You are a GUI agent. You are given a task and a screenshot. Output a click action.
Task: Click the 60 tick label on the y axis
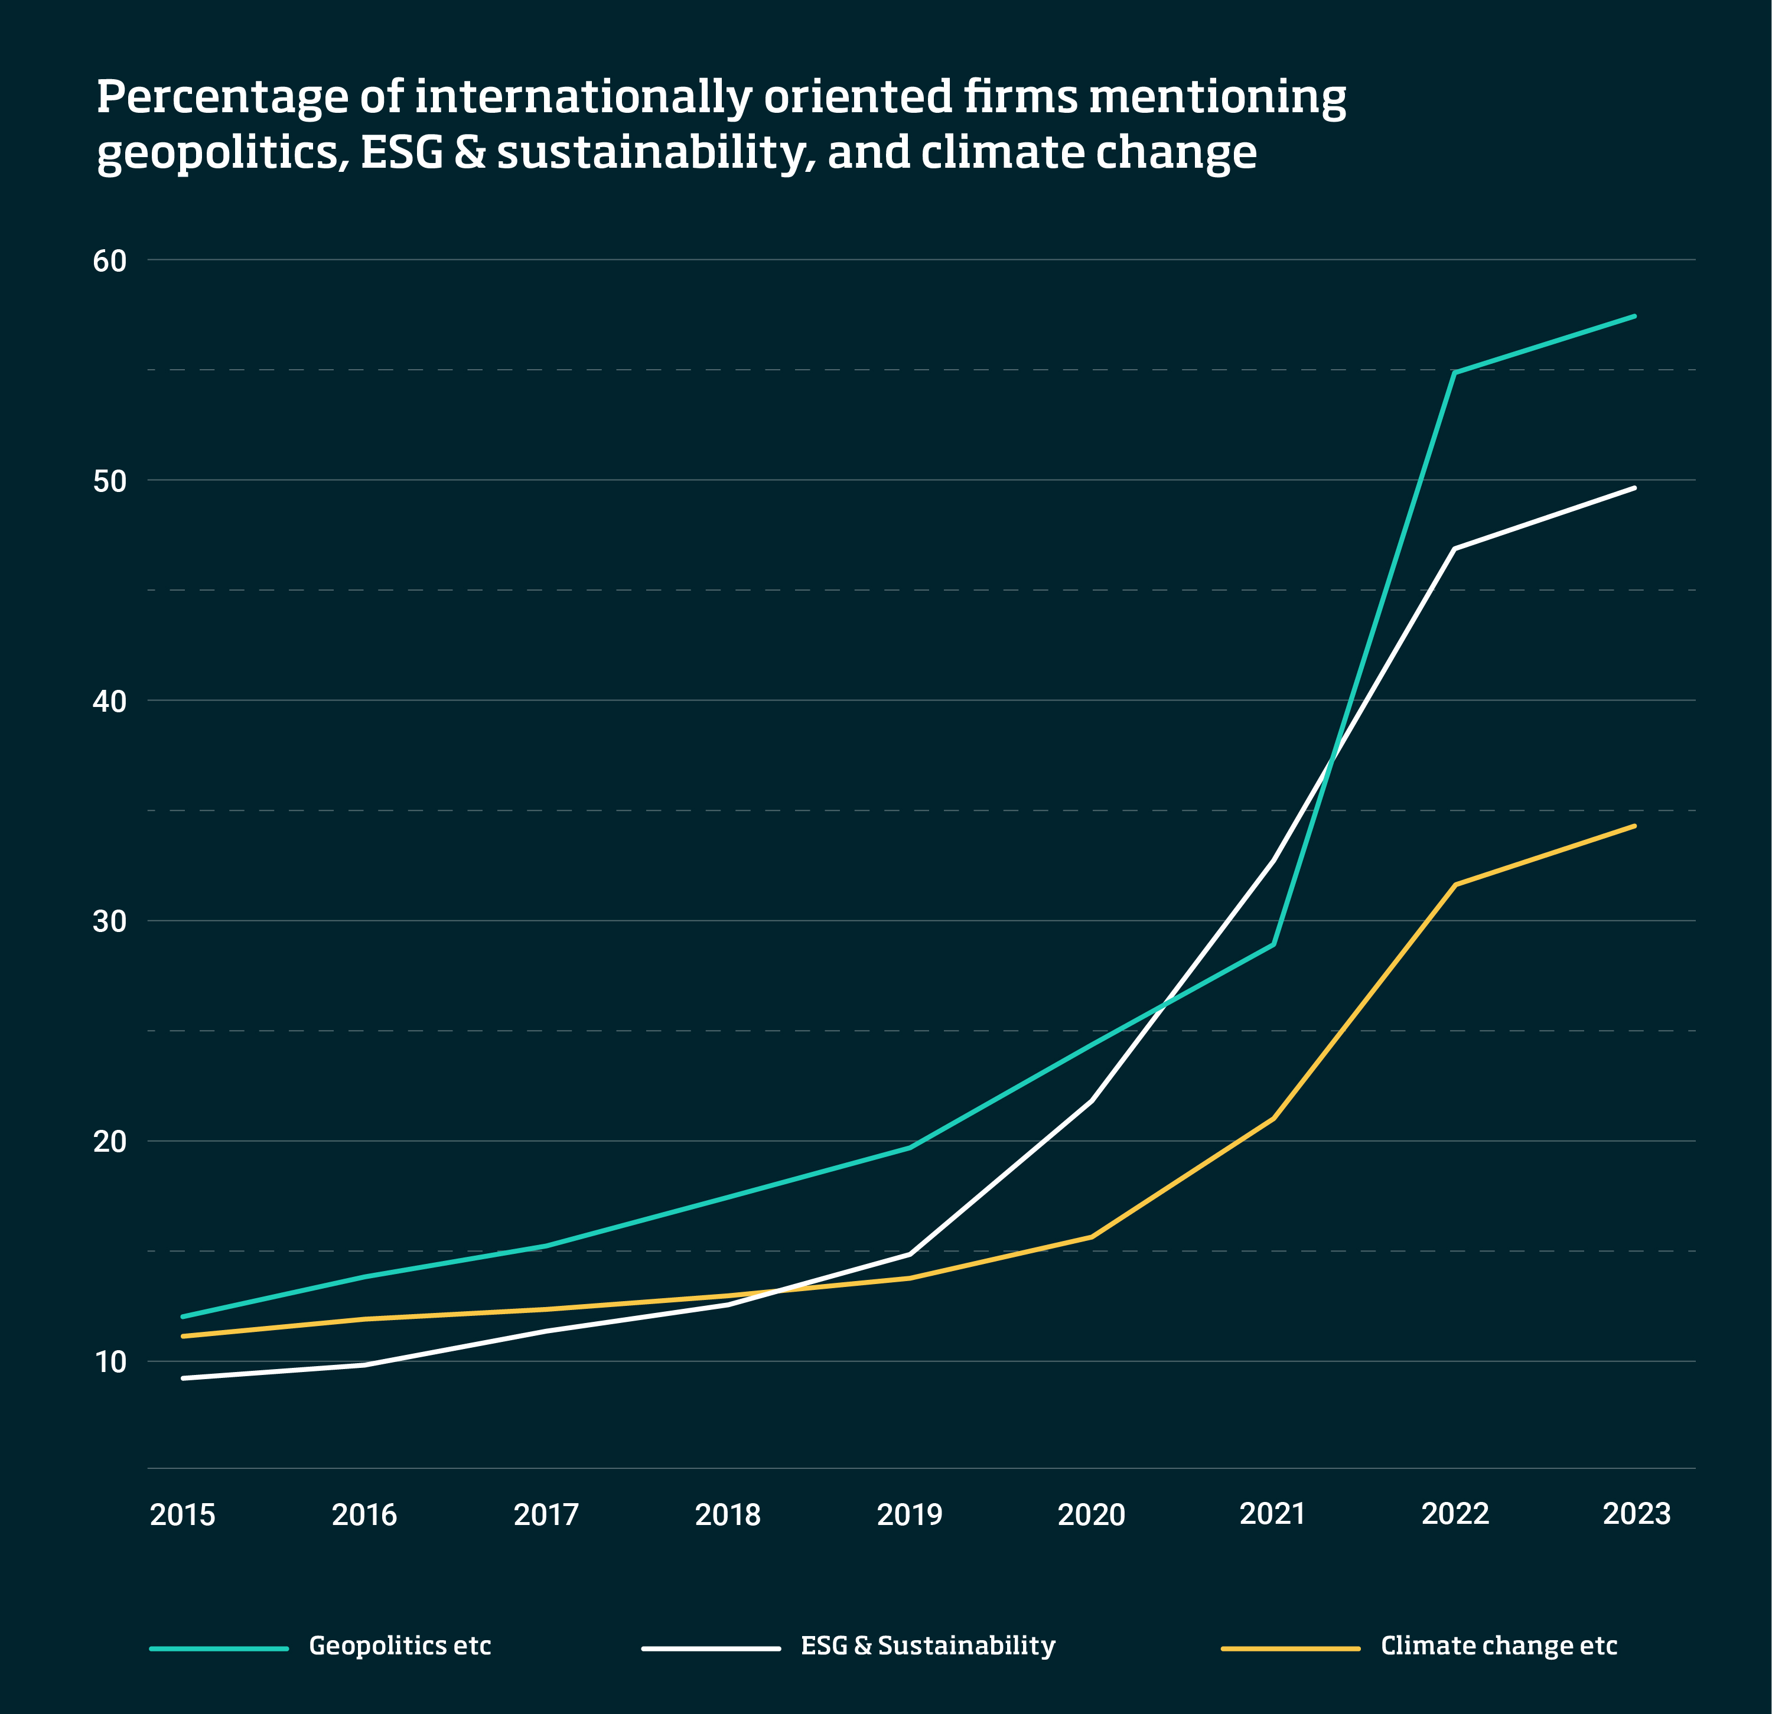click(109, 261)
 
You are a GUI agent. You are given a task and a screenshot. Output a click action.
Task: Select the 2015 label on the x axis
click(183, 1514)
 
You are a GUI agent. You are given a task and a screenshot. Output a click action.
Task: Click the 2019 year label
click(910, 1514)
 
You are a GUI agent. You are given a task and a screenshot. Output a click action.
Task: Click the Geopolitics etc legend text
click(400, 1645)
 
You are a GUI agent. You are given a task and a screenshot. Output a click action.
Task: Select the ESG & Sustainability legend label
click(927, 1645)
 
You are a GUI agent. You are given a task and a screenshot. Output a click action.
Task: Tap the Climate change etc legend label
click(1498, 1645)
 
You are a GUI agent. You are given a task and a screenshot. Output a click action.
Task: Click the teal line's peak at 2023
click(1634, 317)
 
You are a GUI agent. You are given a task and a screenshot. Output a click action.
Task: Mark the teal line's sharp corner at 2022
click(1454, 373)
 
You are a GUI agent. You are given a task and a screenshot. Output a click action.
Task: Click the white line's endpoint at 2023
click(1634, 488)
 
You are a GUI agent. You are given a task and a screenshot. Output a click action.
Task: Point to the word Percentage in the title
click(221, 97)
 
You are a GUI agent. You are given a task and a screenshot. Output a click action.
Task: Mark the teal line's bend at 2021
click(1273, 944)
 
